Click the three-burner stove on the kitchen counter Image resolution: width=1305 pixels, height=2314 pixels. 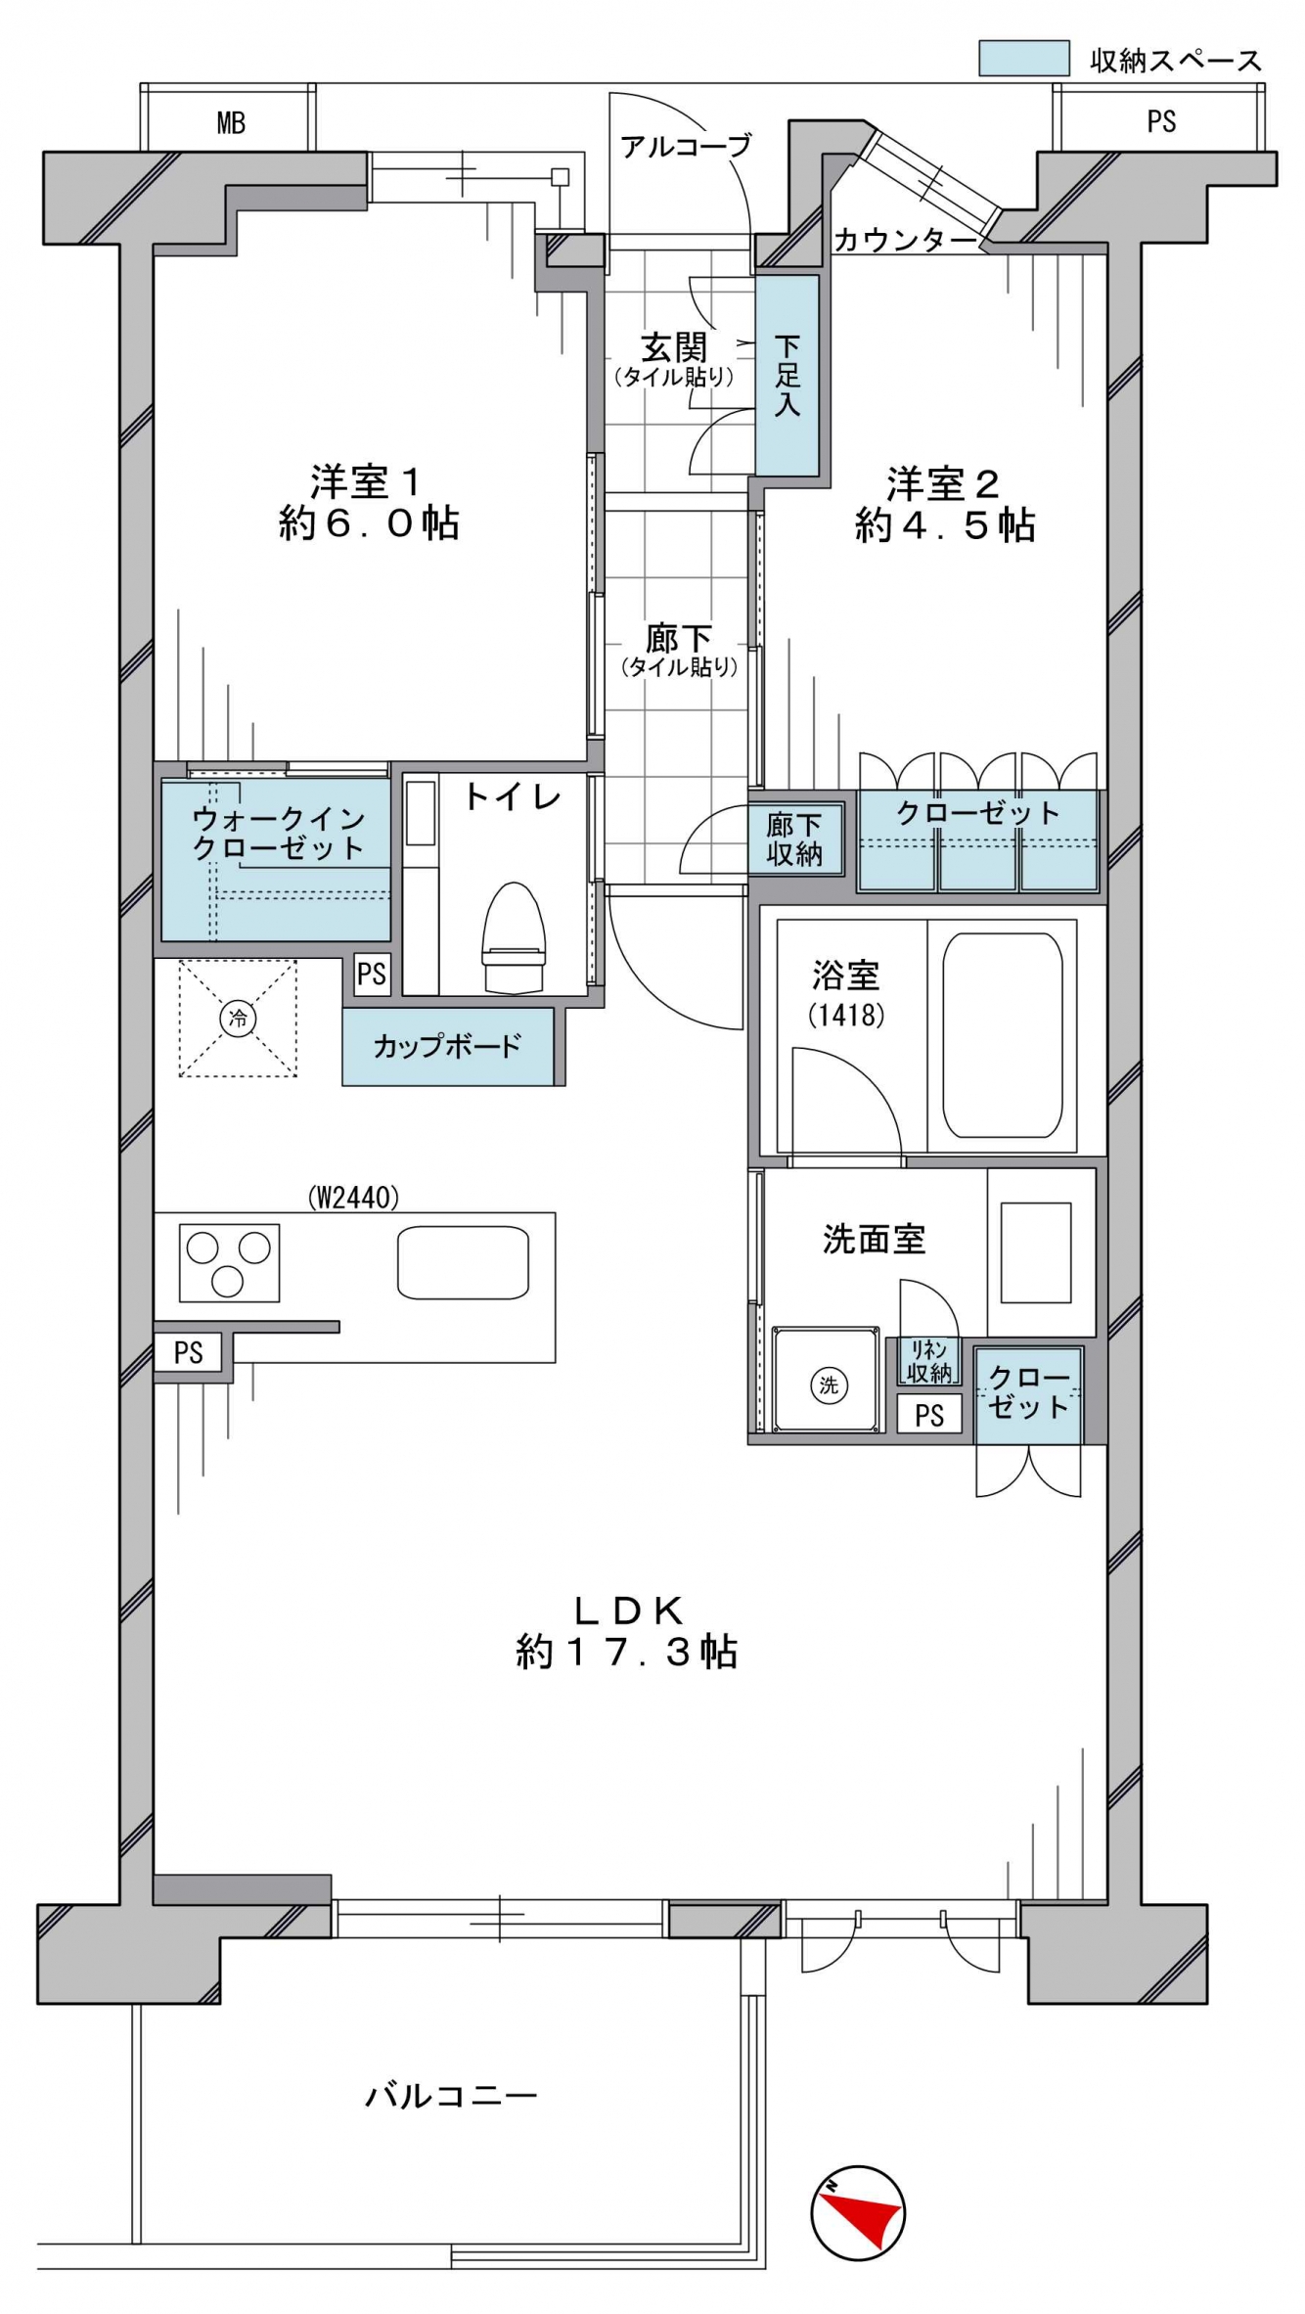[x=229, y=1263]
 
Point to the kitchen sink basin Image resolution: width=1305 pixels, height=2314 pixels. [x=463, y=1262]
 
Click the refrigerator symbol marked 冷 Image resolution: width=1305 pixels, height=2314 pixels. [x=238, y=1018]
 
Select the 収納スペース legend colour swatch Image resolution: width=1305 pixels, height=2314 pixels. [x=1023, y=58]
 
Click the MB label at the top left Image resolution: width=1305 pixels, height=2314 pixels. [x=231, y=123]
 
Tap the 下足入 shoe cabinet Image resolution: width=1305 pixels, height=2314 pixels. [x=787, y=375]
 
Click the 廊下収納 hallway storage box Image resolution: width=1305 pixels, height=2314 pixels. [x=793, y=839]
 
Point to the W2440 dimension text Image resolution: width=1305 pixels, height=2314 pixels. [x=353, y=1196]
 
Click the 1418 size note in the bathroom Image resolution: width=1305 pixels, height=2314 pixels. [x=846, y=1015]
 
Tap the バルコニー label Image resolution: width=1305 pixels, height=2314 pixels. [x=451, y=2095]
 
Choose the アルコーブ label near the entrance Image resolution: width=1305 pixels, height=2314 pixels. [x=686, y=146]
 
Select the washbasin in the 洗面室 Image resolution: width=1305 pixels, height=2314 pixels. [x=1036, y=1253]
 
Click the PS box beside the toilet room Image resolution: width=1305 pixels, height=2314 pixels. [x=372, y=975]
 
